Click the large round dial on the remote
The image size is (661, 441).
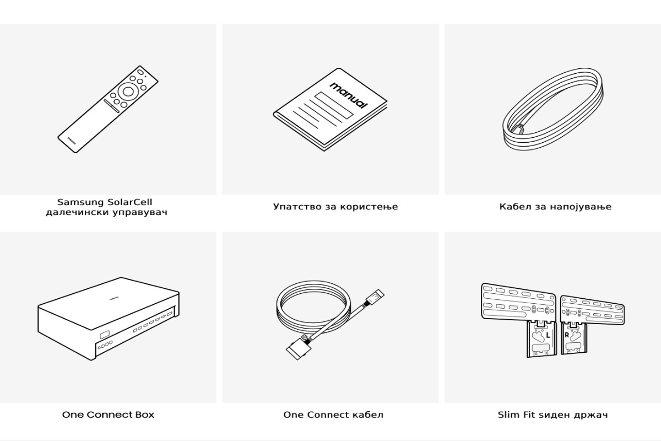click(x=128, y=92)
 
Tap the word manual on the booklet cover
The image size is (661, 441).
click(x=349, y=95)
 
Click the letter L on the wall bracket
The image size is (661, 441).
click(x=548, y=335)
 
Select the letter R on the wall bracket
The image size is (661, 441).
click(x=567, y=335)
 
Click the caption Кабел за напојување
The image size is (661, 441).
click(x=555, y=207)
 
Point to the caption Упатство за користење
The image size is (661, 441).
click(x=335, y=207)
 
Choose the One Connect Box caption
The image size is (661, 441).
click(x=108, y=415)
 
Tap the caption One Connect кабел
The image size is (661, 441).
click(x=333, y=415)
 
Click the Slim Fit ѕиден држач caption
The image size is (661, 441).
click(x=552, y=415)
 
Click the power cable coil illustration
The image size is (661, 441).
click(x=553, y=109)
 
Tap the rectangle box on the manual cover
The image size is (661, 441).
click(x=334, y=105)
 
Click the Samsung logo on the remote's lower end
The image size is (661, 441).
click(x=72, y=140)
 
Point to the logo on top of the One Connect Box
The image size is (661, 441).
click(x=114, y=299)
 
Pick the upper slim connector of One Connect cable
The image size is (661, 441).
click(x=375, y=298)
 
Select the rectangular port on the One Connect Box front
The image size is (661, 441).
click(x=104, y=336)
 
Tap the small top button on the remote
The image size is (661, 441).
click(x=140, y=72)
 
